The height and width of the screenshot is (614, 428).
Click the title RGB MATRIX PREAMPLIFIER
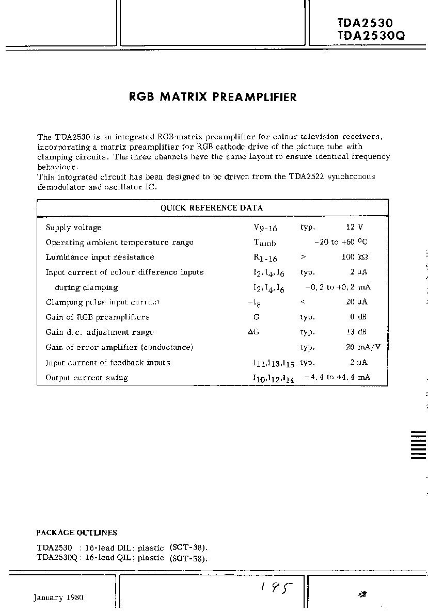click(213, 97)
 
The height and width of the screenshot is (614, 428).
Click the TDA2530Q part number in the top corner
click(371, 36)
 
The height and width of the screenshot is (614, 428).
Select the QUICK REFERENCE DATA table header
click(212, 208)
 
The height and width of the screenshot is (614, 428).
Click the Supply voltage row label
click(73, 228)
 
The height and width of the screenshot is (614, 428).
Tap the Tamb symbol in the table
click(265, 243)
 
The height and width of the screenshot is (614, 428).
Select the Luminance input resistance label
click(100, 257)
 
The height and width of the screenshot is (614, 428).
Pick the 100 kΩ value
click(356, 257)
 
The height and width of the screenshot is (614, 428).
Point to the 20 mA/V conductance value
click(359, 347)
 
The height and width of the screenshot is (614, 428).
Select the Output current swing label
click(87, 378)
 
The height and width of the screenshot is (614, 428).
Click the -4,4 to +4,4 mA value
click(337, 377)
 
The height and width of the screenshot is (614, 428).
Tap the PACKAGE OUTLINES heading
click(76, 532)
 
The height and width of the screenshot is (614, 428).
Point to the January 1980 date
click(58, 597)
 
